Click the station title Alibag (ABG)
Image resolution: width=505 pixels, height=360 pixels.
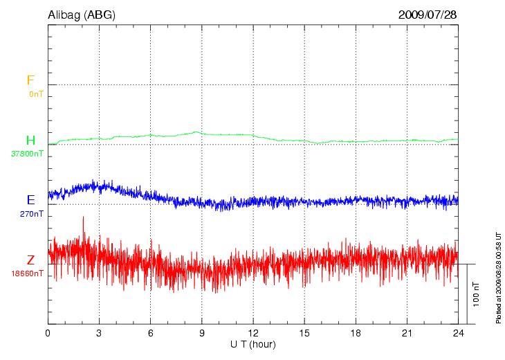point(82,15)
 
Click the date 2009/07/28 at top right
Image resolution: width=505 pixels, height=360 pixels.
point(428,15)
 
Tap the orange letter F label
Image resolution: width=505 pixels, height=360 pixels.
point(30,80)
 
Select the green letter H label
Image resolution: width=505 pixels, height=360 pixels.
point(30,141)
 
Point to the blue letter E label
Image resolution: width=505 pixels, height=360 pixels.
point(30,200)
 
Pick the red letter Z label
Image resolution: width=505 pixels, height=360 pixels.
point(30,260)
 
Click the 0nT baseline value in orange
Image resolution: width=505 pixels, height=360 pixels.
point(35,93)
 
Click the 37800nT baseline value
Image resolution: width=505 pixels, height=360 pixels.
point(27,154)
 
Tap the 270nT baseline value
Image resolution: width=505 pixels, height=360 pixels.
point(32,214)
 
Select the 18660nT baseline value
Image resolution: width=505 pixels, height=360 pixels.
point(27,273)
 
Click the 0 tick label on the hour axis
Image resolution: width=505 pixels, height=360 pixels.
point(48,334)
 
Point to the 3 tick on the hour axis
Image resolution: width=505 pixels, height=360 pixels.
point(99,334)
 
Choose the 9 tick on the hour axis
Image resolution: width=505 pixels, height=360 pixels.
point(202,334)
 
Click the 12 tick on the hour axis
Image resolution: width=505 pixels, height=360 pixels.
point(253,334)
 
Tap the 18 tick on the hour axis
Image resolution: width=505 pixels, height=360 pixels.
point(356,334)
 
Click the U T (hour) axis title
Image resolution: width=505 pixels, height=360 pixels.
point(253,344)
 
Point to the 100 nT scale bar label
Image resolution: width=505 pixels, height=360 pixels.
point(477,294)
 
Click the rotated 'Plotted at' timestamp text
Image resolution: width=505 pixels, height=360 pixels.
point(498,277)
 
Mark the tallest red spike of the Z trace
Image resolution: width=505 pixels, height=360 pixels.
point(83,217)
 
